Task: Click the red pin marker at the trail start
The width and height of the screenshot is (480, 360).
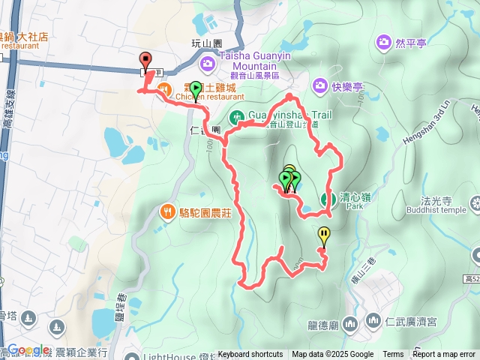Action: tap(145, 61)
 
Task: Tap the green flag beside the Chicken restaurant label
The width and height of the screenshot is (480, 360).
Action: tap(195, 89)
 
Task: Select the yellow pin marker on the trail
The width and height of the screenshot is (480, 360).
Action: tap(323, 235)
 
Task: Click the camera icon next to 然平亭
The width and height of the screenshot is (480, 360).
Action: tap(385, 41)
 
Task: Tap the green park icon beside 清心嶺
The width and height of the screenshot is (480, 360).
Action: tap(327, 199)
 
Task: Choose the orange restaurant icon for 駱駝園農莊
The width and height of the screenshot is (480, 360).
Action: tap(168, 212)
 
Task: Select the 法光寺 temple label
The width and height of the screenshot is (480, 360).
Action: tap(435, 201)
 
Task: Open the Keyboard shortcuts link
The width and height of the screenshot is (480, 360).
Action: tap(250, 355)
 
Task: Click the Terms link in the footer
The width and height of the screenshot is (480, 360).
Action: tap(393, 355)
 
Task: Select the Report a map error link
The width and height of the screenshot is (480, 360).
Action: tap(444, 355)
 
